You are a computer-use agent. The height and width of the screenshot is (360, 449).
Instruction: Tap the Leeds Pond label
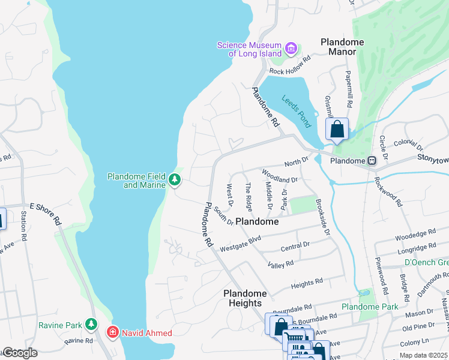coord(295,112)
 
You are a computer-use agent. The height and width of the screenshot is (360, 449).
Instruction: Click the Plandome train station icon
coord(372,161)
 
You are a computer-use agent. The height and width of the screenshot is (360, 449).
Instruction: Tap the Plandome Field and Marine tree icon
coord(174,179)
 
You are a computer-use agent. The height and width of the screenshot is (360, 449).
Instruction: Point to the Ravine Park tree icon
coord(91,325)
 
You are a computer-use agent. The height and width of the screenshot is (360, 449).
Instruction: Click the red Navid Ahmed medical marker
coord(112,332)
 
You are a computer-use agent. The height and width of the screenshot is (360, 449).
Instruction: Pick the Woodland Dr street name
coord(280,176)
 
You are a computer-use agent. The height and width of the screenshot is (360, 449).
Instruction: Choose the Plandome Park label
coord(370,307)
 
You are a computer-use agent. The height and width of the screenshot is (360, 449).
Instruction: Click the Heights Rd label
coord(307,282)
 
